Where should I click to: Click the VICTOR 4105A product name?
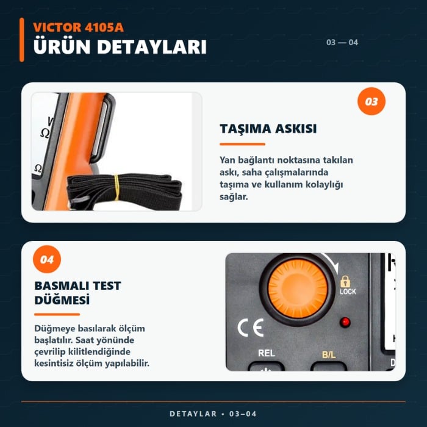[x=79, y=27]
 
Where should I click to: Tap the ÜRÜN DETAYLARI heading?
[x=120, y=46]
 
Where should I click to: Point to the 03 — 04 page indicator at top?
[x=342, y=42]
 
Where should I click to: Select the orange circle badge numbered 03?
[x=371, y=101]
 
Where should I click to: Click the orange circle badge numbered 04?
[x=47, y=259]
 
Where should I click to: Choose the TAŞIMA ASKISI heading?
[x=268, y=129]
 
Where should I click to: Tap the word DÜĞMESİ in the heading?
[x=62, y=300]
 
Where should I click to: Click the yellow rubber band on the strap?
[x=117, y=188]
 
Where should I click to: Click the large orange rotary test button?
[x=298, y=289]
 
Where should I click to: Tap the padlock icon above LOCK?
[x=345, y=281]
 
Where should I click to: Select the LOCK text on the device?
[x=348, y=292]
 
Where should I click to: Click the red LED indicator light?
[x=345, y=322]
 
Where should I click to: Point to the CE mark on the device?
[x=251, y=328]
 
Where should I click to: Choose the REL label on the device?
[x=267, y=353]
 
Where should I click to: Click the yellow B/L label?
[x=329, y=354]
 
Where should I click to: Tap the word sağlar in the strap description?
[x=234, y=196]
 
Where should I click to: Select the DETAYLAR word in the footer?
[x=193, y=414]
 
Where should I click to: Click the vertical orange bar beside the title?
[x=22, y=40]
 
